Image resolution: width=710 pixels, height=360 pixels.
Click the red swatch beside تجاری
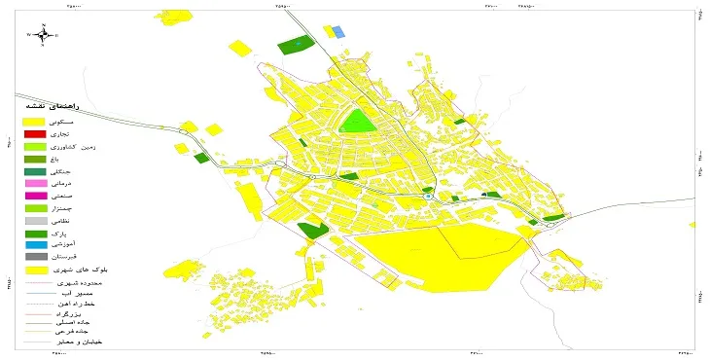coord(34,133)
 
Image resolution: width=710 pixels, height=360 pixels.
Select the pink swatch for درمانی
coord(34,184)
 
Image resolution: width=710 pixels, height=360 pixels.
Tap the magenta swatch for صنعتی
coord(34,197)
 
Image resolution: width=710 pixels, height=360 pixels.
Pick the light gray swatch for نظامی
coord(34,222)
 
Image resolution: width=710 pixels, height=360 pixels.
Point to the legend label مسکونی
coord(85,121)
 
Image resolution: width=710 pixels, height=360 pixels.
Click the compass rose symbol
coord(43,35)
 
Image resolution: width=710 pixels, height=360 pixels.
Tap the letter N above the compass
coord(43,22)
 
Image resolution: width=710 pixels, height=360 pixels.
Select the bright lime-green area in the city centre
coord(357,122)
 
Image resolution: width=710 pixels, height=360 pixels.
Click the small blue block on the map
coord(339,32)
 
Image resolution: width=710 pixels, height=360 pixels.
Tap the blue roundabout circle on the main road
coord(427,197)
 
